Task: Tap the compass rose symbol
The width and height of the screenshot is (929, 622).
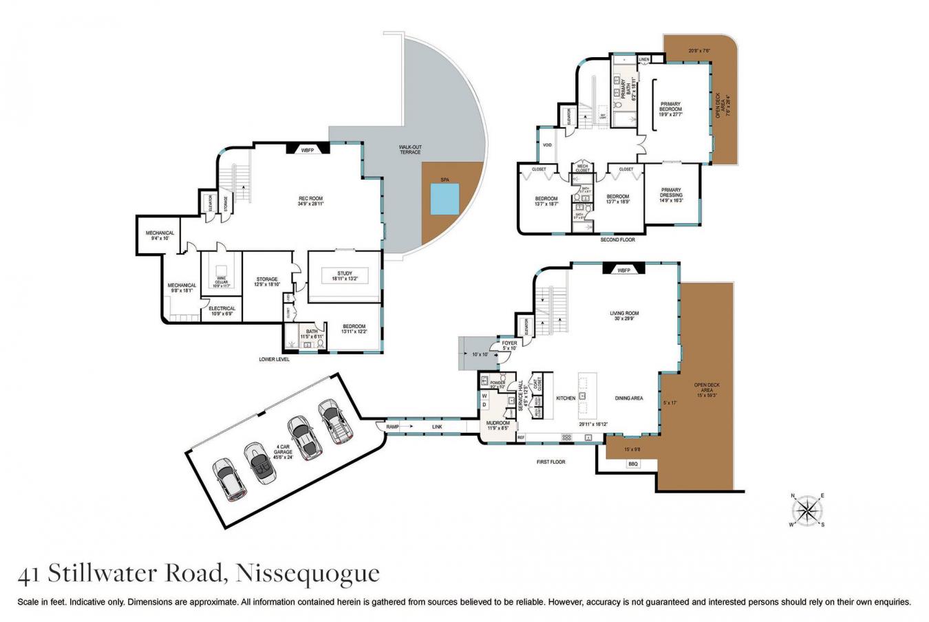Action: [807, 510]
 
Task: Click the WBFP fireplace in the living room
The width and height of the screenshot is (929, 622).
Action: [623, 270]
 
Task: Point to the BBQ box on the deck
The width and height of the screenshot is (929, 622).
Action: [633, 464]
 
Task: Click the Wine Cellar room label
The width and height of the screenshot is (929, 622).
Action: [221, 279]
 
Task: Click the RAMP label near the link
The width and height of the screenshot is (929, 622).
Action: [392, 427]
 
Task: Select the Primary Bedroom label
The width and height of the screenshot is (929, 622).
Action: [670, 107]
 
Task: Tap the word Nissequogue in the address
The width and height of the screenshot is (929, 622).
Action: [307, 573]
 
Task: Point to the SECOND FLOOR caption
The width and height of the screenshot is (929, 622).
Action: [617, 239]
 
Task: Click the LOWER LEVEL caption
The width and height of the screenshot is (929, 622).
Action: [274, 359]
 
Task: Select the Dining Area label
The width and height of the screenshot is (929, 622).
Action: [628, 398]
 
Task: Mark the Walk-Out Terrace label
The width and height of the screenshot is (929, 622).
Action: [410, 149]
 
